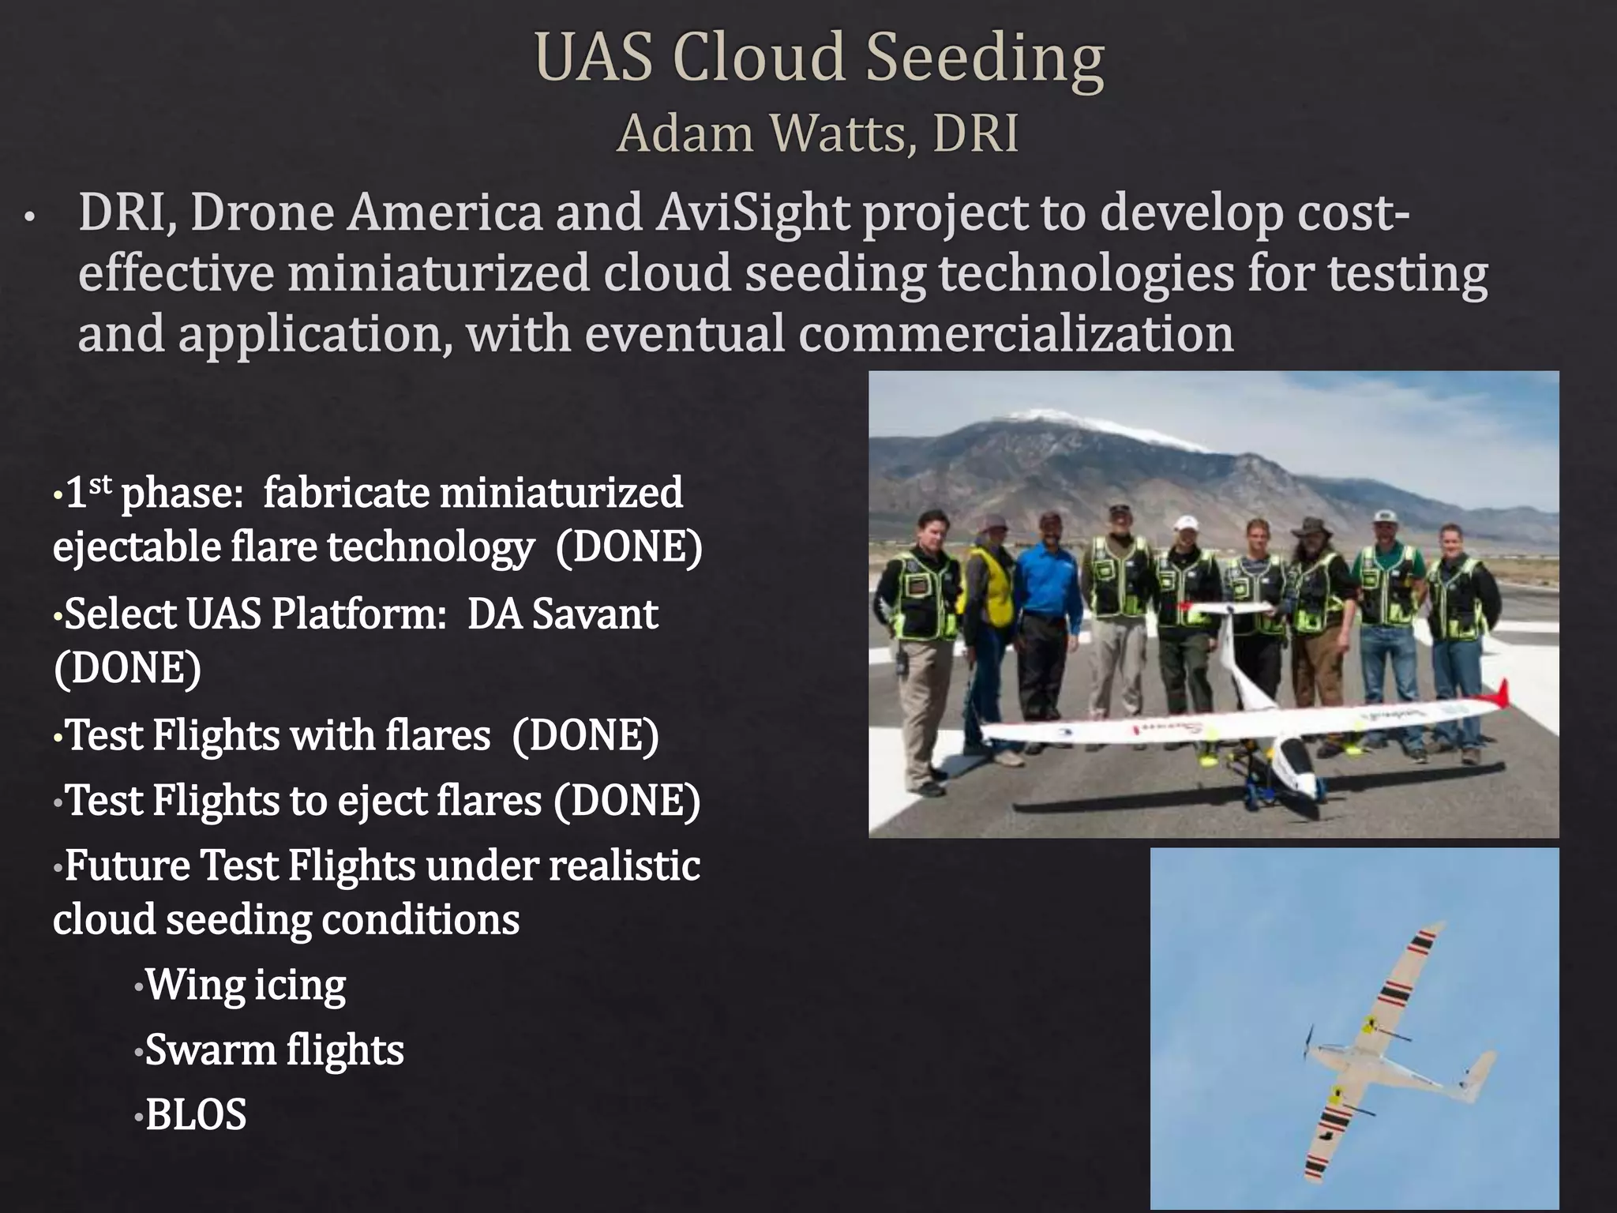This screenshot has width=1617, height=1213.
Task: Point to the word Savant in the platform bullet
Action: pos(595,614)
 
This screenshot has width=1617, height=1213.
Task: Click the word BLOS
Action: pos(196,1114)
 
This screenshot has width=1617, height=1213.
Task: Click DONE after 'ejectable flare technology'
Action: pos(628,547)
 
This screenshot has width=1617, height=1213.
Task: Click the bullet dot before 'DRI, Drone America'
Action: pos(29,218)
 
